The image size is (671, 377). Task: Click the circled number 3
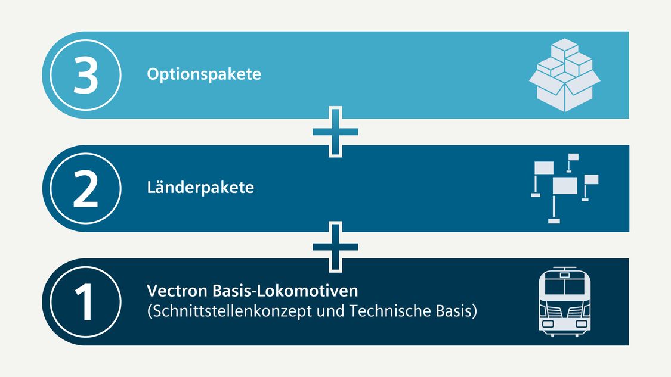pyautogui.click(x=85, y=75)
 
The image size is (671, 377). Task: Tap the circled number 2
pyautogui.click(x=85, y=188)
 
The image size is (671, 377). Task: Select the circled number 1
pyautogui.click(x=85, y=302)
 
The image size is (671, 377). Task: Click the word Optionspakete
pyautogui.click(x=204, y=74)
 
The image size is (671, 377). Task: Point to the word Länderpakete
pyautogui.click(x=200, y=187)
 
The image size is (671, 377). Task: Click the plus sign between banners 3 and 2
pyautogui.click(x=335, y=132)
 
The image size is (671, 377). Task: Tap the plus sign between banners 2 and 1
pyautogui.click(x=335, y=247)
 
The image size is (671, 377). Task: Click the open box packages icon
pyautogui.click(x=564, y=75)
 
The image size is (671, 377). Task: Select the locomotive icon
pyautogui.click(x=564, y=301)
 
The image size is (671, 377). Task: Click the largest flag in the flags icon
pyautogui.click(x=565, y=186)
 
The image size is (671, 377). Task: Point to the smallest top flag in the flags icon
pyautogui.click(x=573, y=157)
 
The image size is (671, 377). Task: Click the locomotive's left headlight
pyautogui.click(x=548, y=324)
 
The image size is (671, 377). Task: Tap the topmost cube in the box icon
pyautogui.click(x=564, y=48)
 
